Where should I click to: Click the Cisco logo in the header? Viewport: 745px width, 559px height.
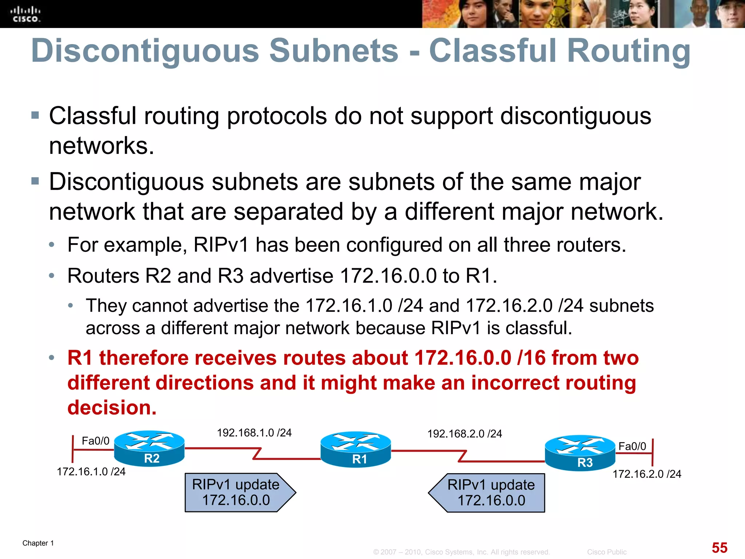point(25,15)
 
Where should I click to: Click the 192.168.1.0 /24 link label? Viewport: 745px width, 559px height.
point(254,433)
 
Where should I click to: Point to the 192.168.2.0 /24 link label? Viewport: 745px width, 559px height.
point(465,434)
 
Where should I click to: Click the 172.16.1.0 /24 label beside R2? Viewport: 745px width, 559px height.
point(91,472)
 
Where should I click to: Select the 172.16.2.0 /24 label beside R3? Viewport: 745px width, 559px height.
point(647,474)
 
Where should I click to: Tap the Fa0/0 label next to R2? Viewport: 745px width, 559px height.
point(95,441)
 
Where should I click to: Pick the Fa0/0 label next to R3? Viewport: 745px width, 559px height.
point(632,446)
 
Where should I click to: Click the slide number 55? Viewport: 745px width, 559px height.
point(719,547)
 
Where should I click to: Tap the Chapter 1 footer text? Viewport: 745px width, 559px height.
point(38,543)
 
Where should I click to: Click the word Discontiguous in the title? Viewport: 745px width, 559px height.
point(145,51)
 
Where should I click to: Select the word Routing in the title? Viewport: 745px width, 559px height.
point(629,51)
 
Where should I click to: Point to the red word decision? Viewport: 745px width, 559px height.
point(112,407)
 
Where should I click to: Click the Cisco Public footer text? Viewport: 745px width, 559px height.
point(606,552)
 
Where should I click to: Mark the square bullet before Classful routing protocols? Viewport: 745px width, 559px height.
point(35,116)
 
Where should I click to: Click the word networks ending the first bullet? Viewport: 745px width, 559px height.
point(101,146)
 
